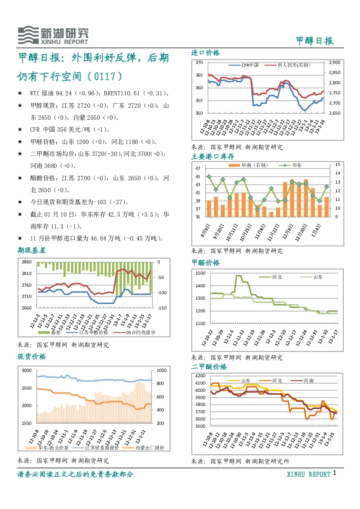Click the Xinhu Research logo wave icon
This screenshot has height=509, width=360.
[28, 35]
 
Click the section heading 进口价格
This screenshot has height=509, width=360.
[205, 53]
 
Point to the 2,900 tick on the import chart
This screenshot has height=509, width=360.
[335, 62]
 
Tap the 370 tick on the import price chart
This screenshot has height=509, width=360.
[199, 62]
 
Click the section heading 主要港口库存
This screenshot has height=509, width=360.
[213, 156]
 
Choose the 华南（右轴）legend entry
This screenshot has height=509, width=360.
[248, 165]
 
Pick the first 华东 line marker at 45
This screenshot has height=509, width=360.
[209, 177]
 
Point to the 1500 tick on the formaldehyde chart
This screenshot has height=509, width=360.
[200, 273]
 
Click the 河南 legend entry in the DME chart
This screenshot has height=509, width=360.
[302, 381]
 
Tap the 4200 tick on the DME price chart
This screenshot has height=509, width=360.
[200, 376]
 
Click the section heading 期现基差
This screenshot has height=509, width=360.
[32, 250]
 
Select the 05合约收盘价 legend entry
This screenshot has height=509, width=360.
[135, 332]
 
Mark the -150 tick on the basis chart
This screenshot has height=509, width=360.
[162, 308]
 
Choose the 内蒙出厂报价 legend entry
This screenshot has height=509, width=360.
[143, 448]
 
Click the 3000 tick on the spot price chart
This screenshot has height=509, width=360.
[26, 370]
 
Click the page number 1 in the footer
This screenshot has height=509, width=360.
[335, 473]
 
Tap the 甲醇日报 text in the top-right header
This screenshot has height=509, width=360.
[315, 41]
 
